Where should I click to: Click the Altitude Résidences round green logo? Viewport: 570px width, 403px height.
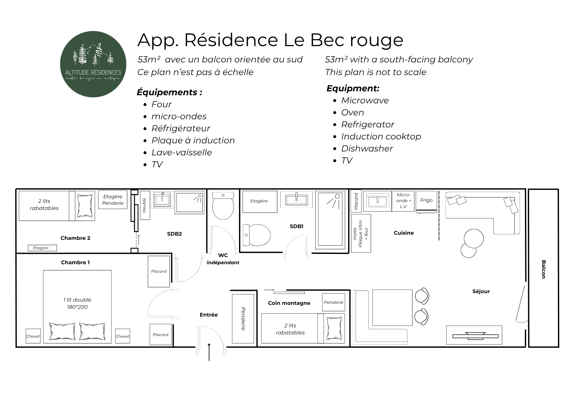pos(93,64)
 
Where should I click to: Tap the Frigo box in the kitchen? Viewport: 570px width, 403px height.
pos(426,201)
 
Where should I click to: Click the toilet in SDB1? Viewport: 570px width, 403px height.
pos(257,235)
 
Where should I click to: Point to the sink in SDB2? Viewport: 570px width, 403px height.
pos(162,199)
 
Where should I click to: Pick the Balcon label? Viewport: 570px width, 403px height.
pos(543,269)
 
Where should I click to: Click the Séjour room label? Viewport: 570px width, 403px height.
pos(481,292)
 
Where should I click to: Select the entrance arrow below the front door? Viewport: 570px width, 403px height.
pos(209,352)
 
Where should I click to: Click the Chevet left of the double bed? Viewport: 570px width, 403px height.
pos(33,336)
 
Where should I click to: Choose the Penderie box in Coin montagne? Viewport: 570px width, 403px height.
pos(334,302)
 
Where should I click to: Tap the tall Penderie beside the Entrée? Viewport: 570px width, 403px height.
pos(243,318)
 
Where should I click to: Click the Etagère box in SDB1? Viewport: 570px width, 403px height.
pos(260,201)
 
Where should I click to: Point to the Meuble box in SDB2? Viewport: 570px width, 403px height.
pos(145,205)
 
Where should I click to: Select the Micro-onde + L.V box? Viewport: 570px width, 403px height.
pos(403,201)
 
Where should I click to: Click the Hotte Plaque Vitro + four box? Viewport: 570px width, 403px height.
pos(361,233)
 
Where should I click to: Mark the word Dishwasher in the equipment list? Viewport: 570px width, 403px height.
pos(367,149)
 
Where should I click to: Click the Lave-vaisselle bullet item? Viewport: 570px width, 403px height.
pos(182,152)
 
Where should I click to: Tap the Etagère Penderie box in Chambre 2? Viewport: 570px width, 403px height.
pos(113,200)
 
